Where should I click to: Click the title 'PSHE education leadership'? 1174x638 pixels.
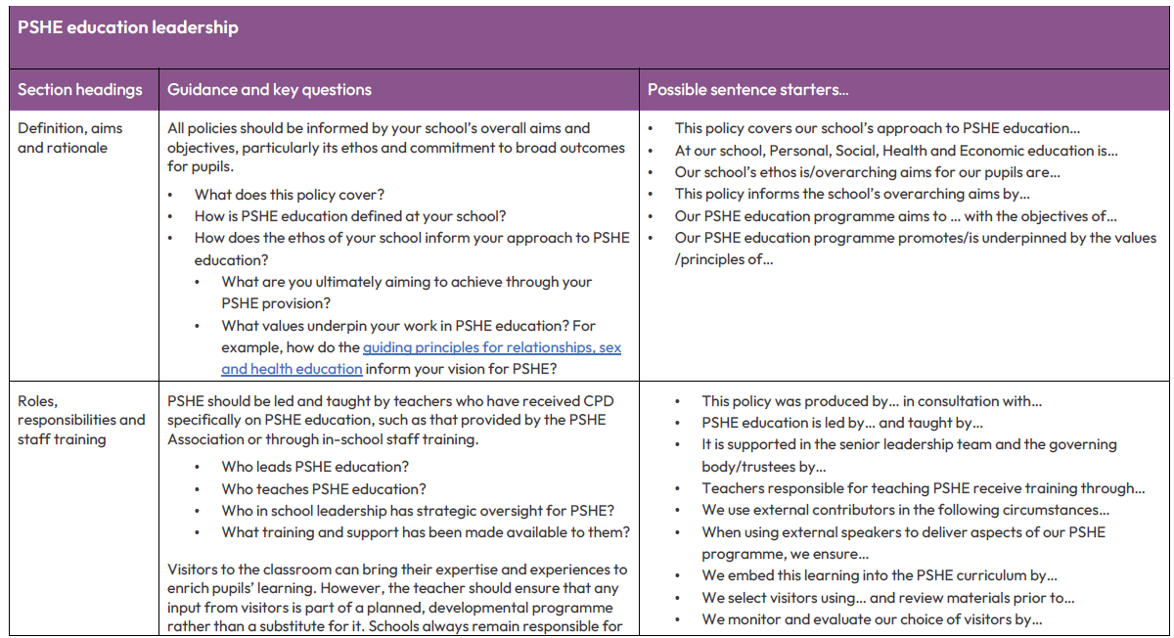pos(128,27)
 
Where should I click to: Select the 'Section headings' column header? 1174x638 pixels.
pos(80,90)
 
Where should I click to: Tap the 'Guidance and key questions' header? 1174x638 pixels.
pos(269,90)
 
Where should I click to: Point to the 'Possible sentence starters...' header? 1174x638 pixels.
pos(747,90)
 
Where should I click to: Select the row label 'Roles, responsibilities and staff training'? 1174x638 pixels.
pos(81,420)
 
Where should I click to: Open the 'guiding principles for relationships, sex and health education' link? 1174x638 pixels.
pos(491,347)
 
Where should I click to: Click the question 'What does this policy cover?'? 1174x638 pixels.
pos(290,195)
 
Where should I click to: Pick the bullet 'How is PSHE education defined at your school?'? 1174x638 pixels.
pos(349,216)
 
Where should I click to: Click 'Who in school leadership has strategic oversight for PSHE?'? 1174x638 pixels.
pos(418,511)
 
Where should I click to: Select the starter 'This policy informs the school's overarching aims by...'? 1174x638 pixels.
pos(852,194)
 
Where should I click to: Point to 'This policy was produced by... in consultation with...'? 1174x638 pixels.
pos(871,401)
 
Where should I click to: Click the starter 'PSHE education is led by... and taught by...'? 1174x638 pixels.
pos(841,423)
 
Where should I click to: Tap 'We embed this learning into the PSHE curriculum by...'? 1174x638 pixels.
pos(879,575)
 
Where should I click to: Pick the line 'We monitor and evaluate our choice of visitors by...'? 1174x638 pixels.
pos(871,619)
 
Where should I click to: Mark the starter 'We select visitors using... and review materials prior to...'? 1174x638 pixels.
pos(887,598)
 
